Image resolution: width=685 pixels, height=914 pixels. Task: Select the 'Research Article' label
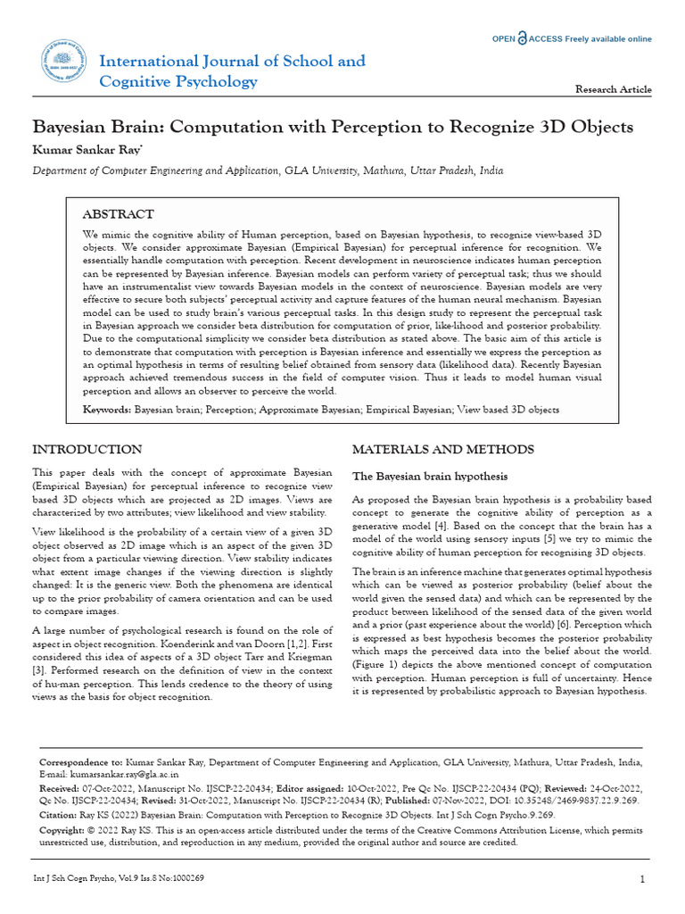click(x=614, y=89)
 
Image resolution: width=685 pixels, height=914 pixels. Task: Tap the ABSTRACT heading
click(x=118, y=214)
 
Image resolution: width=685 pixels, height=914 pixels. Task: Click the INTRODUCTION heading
click(x=87, y=449)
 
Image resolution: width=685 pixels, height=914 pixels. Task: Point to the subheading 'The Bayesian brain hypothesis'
click(x=430, y=476)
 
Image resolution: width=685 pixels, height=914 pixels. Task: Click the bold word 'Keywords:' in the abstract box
click(x=106, y=410)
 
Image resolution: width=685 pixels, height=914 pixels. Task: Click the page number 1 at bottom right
click(x=642, y=879)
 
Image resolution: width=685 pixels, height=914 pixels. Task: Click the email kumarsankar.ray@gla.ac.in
click(x=110, y=775)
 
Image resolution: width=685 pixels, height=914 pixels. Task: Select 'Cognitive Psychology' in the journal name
click(x=178, y=82)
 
